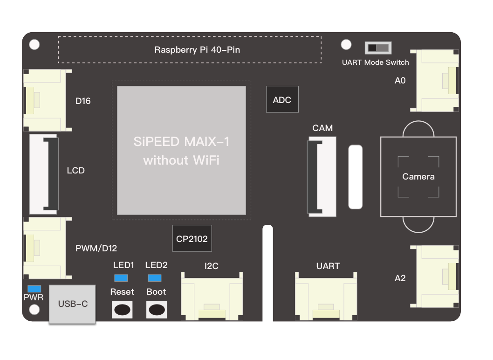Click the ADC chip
[x=282, y=99]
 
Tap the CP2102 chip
[x=192, y=239]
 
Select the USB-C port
[x=73, y=304]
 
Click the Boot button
[x=157, y=309]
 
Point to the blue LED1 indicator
[x=121, y=278]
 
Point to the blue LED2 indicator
[x=155, y=278]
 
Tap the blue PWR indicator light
[x=34, y=289]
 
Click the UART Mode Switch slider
[x=378, y=48]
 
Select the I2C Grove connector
[x=212, y=297]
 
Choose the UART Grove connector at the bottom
[x=326, y=297]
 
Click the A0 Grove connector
[x=437, y=81]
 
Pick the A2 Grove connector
[x=437, y=277]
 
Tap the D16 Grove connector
[x=45, y=100]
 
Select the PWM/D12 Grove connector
[x=45, y=248]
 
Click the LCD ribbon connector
[x=44, y=174]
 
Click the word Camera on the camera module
[x=418, y=177]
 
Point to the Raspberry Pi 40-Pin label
[x=197, y=49]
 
